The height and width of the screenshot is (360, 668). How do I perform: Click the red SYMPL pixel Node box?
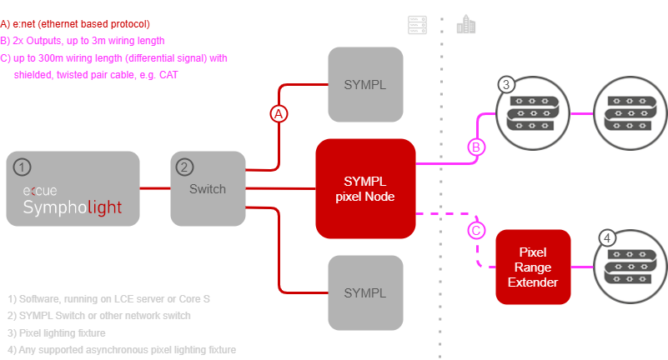(365, 187)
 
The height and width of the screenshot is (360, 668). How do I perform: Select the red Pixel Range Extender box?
(533, 267)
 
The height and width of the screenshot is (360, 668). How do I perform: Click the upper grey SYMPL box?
(365, 85)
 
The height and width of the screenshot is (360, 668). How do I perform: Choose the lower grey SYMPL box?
(365, 292)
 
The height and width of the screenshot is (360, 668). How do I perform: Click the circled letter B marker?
(475, 147)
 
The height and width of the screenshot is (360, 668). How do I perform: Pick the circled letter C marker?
(475, 229)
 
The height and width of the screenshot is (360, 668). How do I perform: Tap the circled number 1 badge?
(23, 167)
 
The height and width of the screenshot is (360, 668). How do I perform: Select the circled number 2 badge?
(184, 167)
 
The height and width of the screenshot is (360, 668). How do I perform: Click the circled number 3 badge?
(505, 85)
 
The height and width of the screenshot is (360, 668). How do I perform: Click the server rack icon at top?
(415, 25)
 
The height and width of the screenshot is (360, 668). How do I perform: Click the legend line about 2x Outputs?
(83, 41)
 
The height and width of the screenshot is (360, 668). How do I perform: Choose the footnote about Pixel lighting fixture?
(57, 333)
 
